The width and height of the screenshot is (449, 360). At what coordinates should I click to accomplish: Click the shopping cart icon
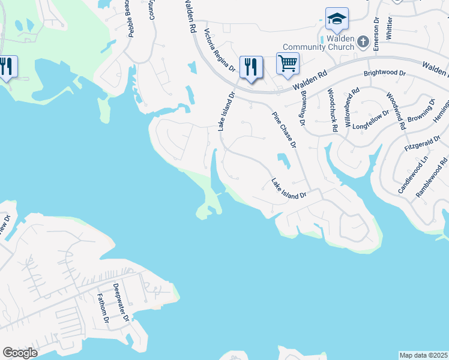click(x=288, y=62)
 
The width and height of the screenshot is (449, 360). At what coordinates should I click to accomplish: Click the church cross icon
click(x=363, y=42)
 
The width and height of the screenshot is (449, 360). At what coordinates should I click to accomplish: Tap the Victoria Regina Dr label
click(x=220, y=51)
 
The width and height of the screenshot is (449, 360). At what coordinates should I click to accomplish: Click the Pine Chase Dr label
click(x=285, y=130)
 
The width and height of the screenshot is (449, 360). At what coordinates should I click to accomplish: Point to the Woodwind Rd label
click(x=394, y=112)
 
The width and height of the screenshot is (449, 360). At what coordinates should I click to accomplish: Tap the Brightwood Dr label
click(x=385, y=74)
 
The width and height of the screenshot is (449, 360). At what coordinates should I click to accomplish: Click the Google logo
click(x=20, y=353)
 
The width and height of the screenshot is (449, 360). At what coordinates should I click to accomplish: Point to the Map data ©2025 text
click(x=424, y=355)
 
